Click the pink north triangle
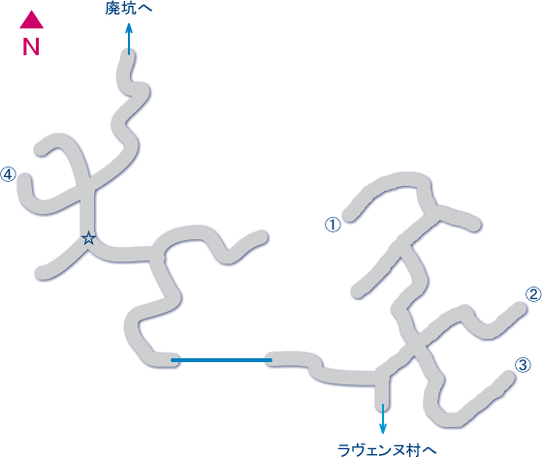coord(31,20)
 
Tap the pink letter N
coord(31,46)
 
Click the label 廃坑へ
coord(129,9)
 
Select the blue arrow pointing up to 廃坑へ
coord(129,39)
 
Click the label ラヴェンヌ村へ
coord(387,450)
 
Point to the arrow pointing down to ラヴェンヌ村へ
coord(383,418)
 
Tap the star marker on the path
coord(89,238)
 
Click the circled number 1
coord(333,225)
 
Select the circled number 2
coord(533,294)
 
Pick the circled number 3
coord(523,365)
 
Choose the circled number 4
coord(8,174)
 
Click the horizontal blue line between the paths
coord(222,360)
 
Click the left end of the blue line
coord(173,360)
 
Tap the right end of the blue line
coord(271,360)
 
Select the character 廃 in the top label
coord(112,9)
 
